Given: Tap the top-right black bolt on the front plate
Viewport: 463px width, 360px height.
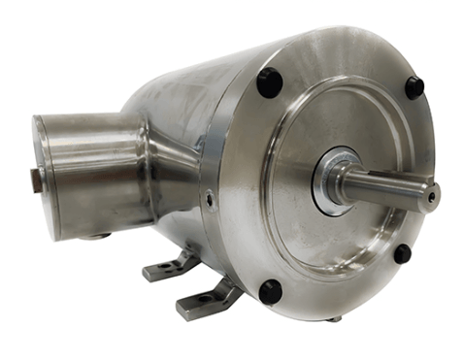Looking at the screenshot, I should (414, 87).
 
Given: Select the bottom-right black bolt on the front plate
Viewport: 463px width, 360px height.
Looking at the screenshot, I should (402, 254).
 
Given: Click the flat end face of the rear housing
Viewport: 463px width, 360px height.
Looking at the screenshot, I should (43, 160).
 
